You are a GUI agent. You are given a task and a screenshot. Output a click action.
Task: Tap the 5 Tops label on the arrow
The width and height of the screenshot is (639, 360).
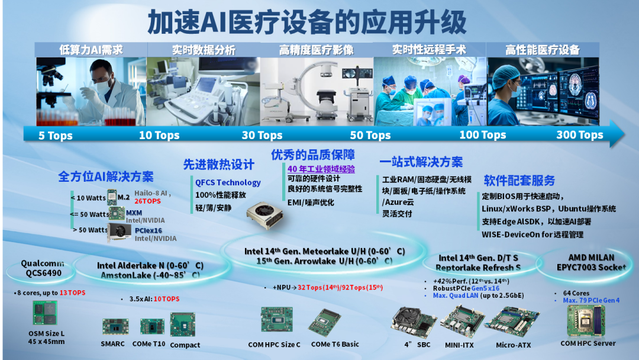(56, 136)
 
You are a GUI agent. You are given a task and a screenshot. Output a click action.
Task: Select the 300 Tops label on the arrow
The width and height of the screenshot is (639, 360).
(579, 135)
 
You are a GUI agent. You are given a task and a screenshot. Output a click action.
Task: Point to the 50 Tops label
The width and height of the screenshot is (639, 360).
(370, 136)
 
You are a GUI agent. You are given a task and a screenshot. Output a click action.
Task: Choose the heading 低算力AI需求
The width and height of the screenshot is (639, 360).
(91, 50)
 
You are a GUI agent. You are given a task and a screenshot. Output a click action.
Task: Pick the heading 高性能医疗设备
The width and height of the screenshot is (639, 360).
(542, 50)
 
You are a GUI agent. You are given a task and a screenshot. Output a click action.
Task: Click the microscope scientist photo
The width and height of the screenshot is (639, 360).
(91, 91)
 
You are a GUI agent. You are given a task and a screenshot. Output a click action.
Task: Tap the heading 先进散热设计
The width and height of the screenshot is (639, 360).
(218, 165)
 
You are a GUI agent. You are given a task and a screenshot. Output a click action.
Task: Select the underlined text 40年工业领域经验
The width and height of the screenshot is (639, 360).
(321, 169)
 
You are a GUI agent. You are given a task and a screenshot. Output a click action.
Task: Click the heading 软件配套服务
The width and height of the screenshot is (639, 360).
(519, 180)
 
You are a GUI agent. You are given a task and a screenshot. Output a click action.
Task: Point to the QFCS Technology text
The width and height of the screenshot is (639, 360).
(228, 182)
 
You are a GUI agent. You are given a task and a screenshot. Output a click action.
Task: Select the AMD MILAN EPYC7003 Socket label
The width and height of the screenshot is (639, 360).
(583, 262)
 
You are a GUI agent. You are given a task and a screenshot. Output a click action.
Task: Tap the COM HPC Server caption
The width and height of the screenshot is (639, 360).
(588, 343)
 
